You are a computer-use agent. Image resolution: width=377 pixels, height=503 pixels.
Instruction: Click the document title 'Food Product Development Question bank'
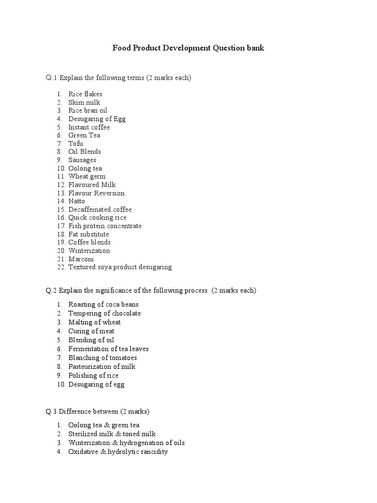pos(188,48)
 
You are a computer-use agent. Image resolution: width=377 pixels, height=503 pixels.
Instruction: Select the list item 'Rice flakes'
pos(85,94)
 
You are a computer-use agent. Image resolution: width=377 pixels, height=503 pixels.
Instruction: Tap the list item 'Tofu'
pos(76,143)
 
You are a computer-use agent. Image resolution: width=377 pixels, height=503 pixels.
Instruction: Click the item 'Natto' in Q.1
pos(77,201)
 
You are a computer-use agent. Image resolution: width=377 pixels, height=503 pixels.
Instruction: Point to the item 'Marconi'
pos(81,259)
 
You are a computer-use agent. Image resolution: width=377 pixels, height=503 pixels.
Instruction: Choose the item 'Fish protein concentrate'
pos(105,226)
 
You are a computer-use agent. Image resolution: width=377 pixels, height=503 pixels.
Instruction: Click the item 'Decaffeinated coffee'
pos(100,209)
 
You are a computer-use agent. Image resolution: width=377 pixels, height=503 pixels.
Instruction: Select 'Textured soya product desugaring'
pos(120,267)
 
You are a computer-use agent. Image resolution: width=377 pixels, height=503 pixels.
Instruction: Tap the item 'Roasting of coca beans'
pos(104,305)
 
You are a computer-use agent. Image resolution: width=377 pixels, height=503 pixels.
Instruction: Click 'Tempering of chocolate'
pos(105,313)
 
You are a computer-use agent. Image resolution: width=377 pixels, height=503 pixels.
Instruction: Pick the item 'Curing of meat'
pos(91,331)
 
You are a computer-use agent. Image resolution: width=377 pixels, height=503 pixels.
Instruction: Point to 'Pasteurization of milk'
pos(102,366)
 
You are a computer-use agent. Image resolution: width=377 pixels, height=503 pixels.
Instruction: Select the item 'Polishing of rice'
pos(93,375)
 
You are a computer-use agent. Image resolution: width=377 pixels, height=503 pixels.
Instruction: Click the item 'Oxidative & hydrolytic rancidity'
pos(118,451)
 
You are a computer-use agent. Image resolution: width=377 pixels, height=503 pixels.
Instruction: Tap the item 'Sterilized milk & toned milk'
pos(112,434)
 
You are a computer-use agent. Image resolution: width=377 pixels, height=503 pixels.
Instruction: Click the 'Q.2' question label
pos(52,290)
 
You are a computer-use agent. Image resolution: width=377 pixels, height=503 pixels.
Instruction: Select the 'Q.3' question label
pos(52,411)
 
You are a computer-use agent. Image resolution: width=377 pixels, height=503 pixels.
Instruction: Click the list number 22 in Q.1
pos(61,267)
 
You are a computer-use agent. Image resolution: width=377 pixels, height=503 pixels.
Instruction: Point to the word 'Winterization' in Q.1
pos(89,251)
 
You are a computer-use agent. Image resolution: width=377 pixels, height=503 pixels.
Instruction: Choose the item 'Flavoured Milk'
pos(92,185)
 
